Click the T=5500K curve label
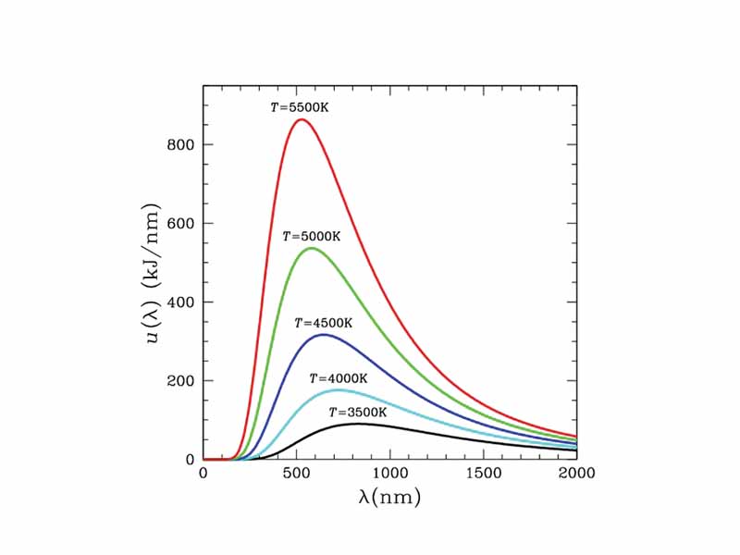click(x=300, y=107)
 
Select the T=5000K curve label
click(x=312, y=237)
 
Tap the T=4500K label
click(x=324, y=323)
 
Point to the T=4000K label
click(x=339, y=378)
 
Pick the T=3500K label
click(x=358, y=412)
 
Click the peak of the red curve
click(x=301, y=119)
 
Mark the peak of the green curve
click(x=311, y=248)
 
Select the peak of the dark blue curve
click(x=323, y=334)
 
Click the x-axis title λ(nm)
click(x=389, y=498)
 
